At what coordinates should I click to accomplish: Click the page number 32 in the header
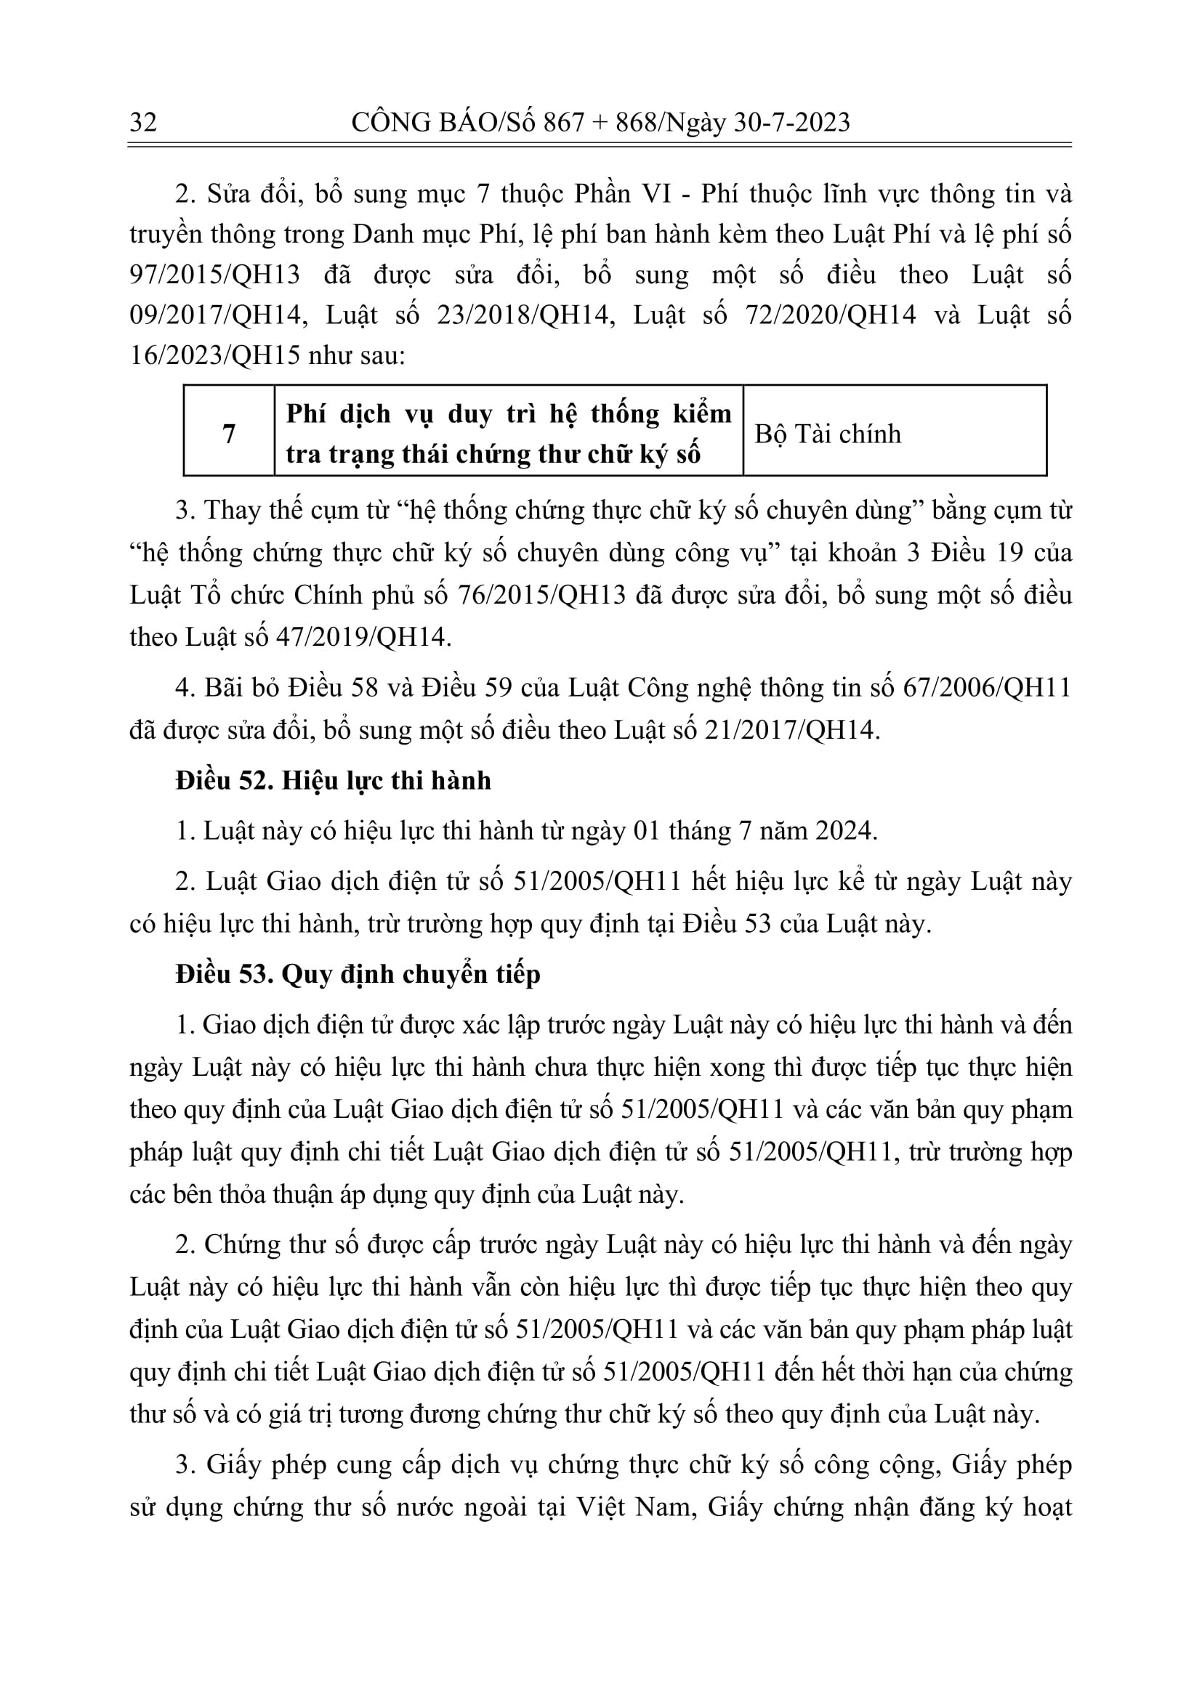(143, 121)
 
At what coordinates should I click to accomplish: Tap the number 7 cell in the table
(229, 433)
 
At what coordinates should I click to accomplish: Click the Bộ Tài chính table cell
(828, 434)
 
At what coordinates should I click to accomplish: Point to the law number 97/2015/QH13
(214, 275)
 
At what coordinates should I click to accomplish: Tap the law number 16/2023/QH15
(214, 356)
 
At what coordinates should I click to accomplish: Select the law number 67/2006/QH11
(987, 688)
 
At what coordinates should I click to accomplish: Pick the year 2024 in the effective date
(846, 831)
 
